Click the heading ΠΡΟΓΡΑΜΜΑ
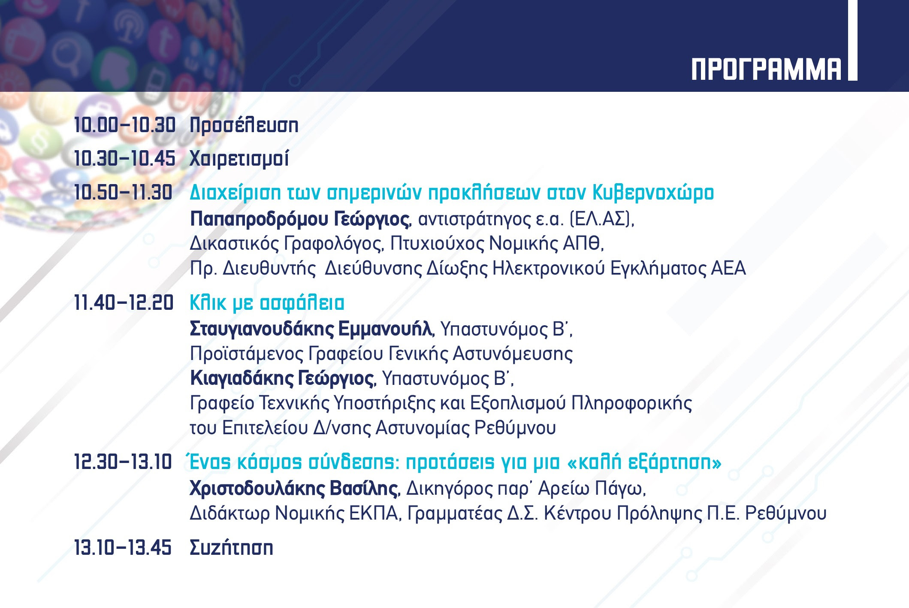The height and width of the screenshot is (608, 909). click(767, 70)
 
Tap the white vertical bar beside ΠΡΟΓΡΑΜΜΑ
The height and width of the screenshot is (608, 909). click(852, 40)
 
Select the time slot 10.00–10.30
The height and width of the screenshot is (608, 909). click(125, 125)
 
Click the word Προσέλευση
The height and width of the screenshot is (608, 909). click(244, 125)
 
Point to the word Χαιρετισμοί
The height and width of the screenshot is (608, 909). click(239, 159)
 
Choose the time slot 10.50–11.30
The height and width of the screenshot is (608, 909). click(124, 192)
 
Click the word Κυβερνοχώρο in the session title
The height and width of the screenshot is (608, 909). click(653, 193)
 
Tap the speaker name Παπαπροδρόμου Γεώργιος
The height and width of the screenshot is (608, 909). click(300, 219)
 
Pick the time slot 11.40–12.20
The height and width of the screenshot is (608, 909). click(124, 303)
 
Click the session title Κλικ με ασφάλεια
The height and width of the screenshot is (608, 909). click(267, 303)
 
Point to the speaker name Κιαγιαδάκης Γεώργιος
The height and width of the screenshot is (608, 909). click(282, 378)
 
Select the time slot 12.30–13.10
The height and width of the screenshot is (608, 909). click(123, 462)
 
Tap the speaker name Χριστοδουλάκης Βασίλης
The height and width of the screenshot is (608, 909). click(294, 489)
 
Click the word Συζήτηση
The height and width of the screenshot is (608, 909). click(232, 548)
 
